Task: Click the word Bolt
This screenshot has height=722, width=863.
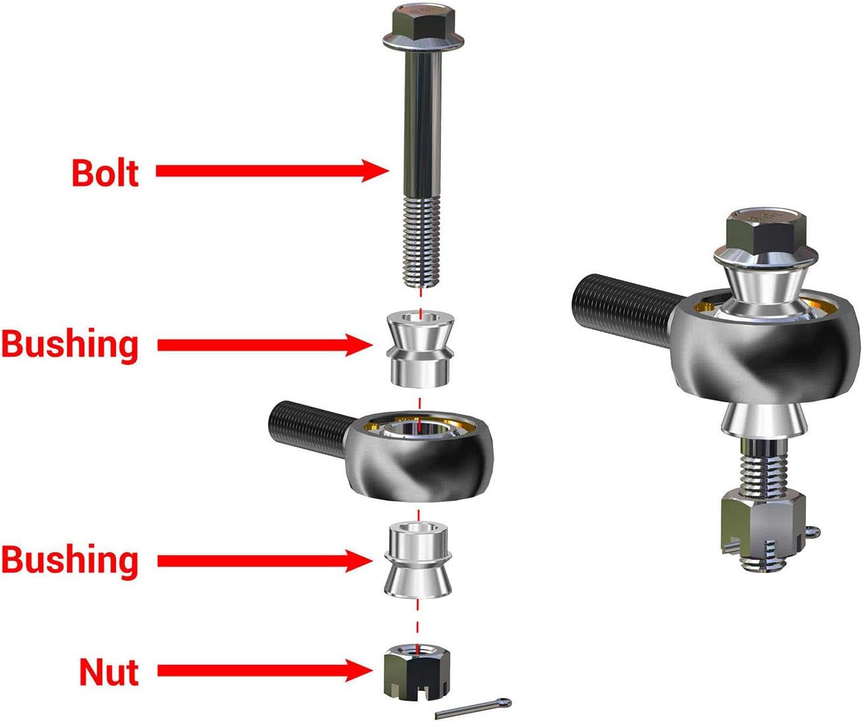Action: pyautogui.click(x=105, y=172)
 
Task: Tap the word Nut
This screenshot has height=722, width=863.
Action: pyautogui.click(x=109, y=673)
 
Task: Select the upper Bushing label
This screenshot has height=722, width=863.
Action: pyautogui.click(x=69, y=346)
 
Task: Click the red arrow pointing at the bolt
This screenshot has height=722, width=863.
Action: pyautogui.click(x=273, y=170)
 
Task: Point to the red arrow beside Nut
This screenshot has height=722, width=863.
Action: pyautogui.click(x=265, y=671)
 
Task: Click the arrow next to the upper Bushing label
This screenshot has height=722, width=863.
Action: pyautogui.click(x=265, y=345)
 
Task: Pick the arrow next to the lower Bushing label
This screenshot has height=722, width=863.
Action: pyautogui.click(x=265, y=561)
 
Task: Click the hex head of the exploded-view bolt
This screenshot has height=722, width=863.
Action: pyautogui.click(x=423, y=27)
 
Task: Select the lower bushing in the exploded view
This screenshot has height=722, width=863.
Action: pyautogui.click(x=417, y=560)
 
